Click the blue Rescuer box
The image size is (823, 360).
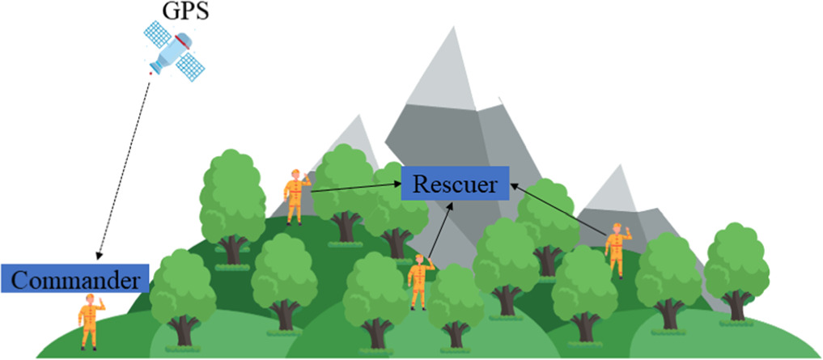pos(455,184)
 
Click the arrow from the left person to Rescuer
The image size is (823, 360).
pos(356,189)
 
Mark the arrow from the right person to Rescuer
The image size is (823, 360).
pos(558,211)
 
